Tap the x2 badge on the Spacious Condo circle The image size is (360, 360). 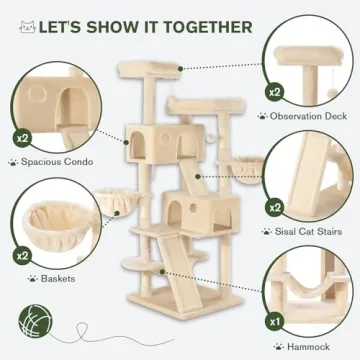point(20,133)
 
